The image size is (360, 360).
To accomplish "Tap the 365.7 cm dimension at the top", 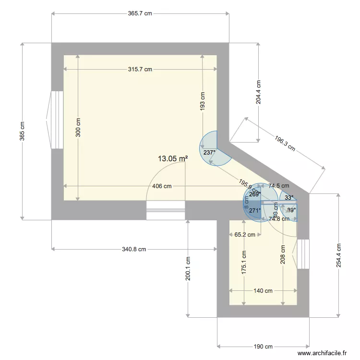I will click(x=140, y=14).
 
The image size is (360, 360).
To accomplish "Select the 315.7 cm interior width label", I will click(x=140, y=69).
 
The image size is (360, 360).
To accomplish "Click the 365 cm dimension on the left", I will click(x=22, y=131).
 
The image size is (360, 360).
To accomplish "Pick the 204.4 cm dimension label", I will click(x=259, y=92).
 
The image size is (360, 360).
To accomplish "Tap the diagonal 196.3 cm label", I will click(x=285, y=143).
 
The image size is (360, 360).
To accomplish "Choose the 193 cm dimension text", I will click(x=203, y=102).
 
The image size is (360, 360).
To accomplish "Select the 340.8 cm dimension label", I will click(x=134, y=249).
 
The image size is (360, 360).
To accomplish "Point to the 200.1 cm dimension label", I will click(x=188, y=269).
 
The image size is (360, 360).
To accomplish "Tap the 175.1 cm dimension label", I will click(x=244, y=263).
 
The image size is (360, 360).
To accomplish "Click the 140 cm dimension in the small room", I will click(x=263, y=291).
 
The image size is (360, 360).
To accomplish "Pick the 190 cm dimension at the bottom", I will click(x=263, y=347).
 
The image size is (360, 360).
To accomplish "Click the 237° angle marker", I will click(x=209, y=153).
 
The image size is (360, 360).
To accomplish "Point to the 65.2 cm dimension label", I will click(x=244, y=235).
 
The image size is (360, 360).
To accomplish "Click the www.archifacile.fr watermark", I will click(x=322, y=353).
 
